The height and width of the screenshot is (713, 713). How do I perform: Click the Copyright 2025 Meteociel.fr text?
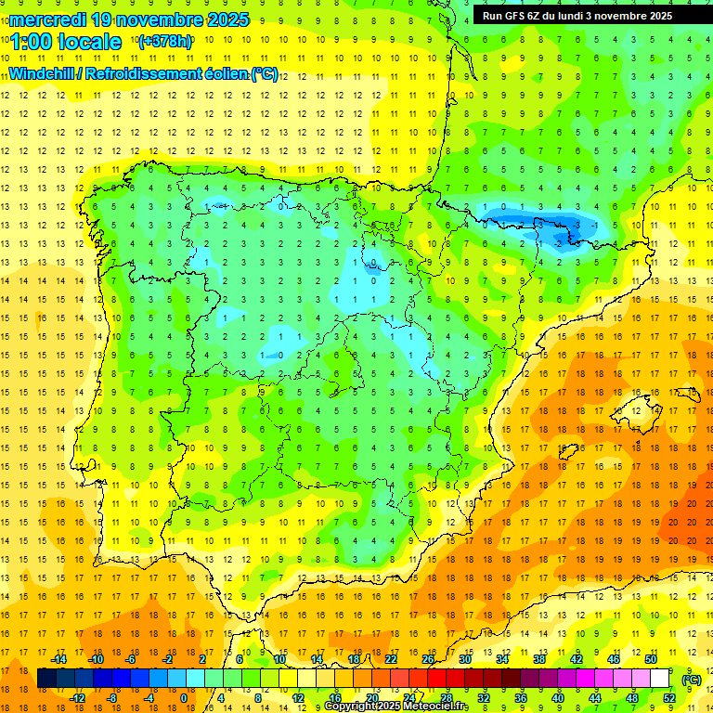396,707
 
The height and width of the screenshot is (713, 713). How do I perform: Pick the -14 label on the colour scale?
59,659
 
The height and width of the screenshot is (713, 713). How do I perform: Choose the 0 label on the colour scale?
183,697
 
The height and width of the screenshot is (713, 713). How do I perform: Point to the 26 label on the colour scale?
428,659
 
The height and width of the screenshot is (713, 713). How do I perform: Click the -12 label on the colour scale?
77,697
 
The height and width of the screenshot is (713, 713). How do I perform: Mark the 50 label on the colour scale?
652,659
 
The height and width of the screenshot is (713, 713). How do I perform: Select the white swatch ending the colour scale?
660,680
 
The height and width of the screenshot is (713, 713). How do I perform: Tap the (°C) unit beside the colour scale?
692,680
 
